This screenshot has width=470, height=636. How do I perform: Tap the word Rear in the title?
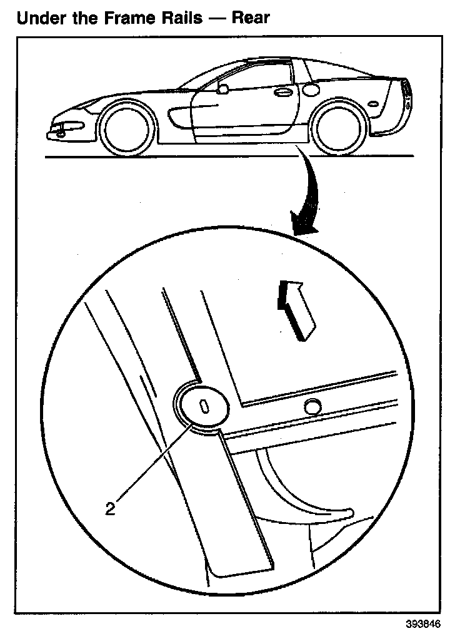[251, 18]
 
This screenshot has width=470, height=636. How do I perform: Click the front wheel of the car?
[127, 130]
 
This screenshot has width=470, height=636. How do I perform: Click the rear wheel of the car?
[338, 128]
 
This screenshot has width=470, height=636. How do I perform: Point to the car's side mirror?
[222, 89]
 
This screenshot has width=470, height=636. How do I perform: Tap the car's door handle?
[283, 92]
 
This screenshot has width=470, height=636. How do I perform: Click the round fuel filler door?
[311, 88]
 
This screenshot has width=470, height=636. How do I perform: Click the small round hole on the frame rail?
[312, 407]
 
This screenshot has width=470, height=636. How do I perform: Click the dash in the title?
[216, 18]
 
